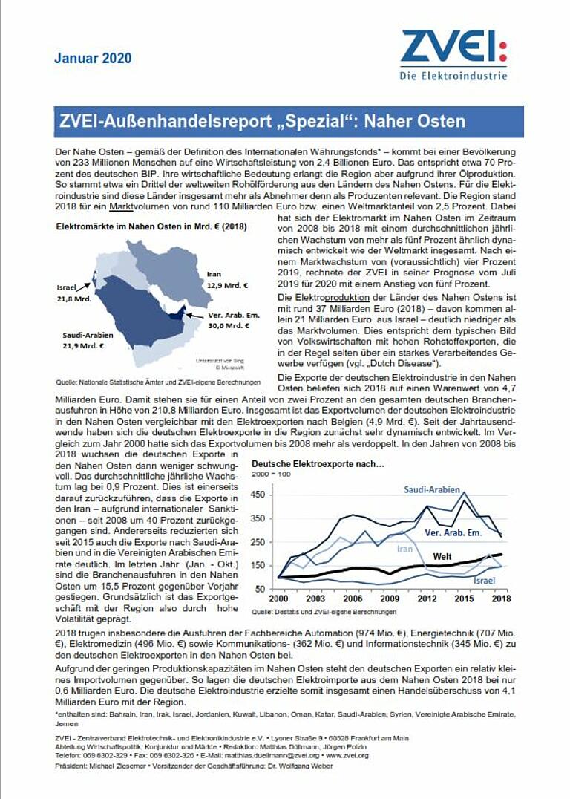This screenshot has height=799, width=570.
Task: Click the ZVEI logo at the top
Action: (453, 54)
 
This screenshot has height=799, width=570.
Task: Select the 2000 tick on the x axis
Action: (278, 599)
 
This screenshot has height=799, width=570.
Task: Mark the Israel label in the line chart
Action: (484, 580)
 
